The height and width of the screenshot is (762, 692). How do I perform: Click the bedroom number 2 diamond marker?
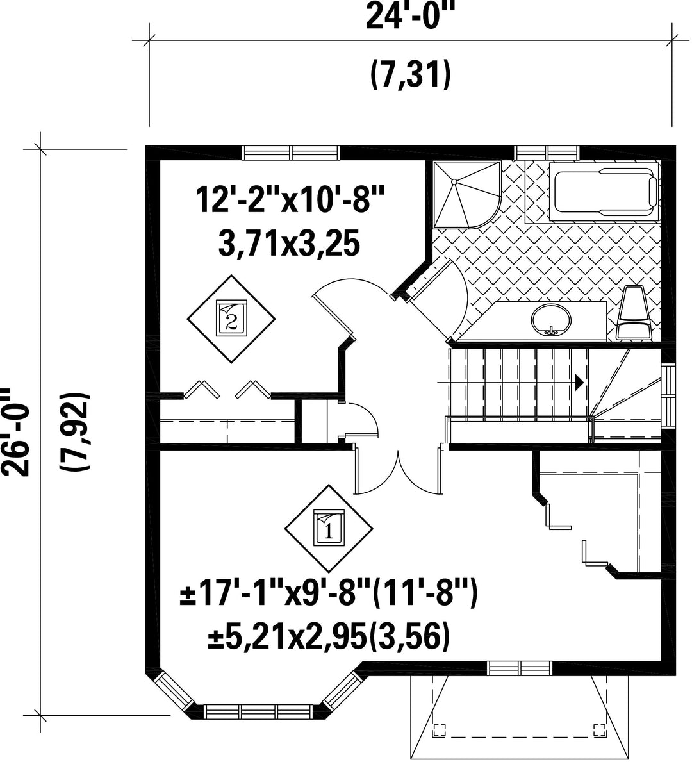coord(231,319)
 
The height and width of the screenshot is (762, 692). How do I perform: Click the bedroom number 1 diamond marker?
coord(329,529)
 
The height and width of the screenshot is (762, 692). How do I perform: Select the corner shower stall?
coord(466,194)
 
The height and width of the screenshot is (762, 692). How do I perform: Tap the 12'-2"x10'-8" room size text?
coord(290,201)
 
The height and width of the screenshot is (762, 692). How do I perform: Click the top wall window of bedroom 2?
coord(291,153)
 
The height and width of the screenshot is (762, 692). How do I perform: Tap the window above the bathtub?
coord(547,153)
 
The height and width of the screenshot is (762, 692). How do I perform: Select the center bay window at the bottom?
coord(259,713)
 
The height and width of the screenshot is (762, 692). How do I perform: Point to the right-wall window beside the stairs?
coord(670,390)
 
